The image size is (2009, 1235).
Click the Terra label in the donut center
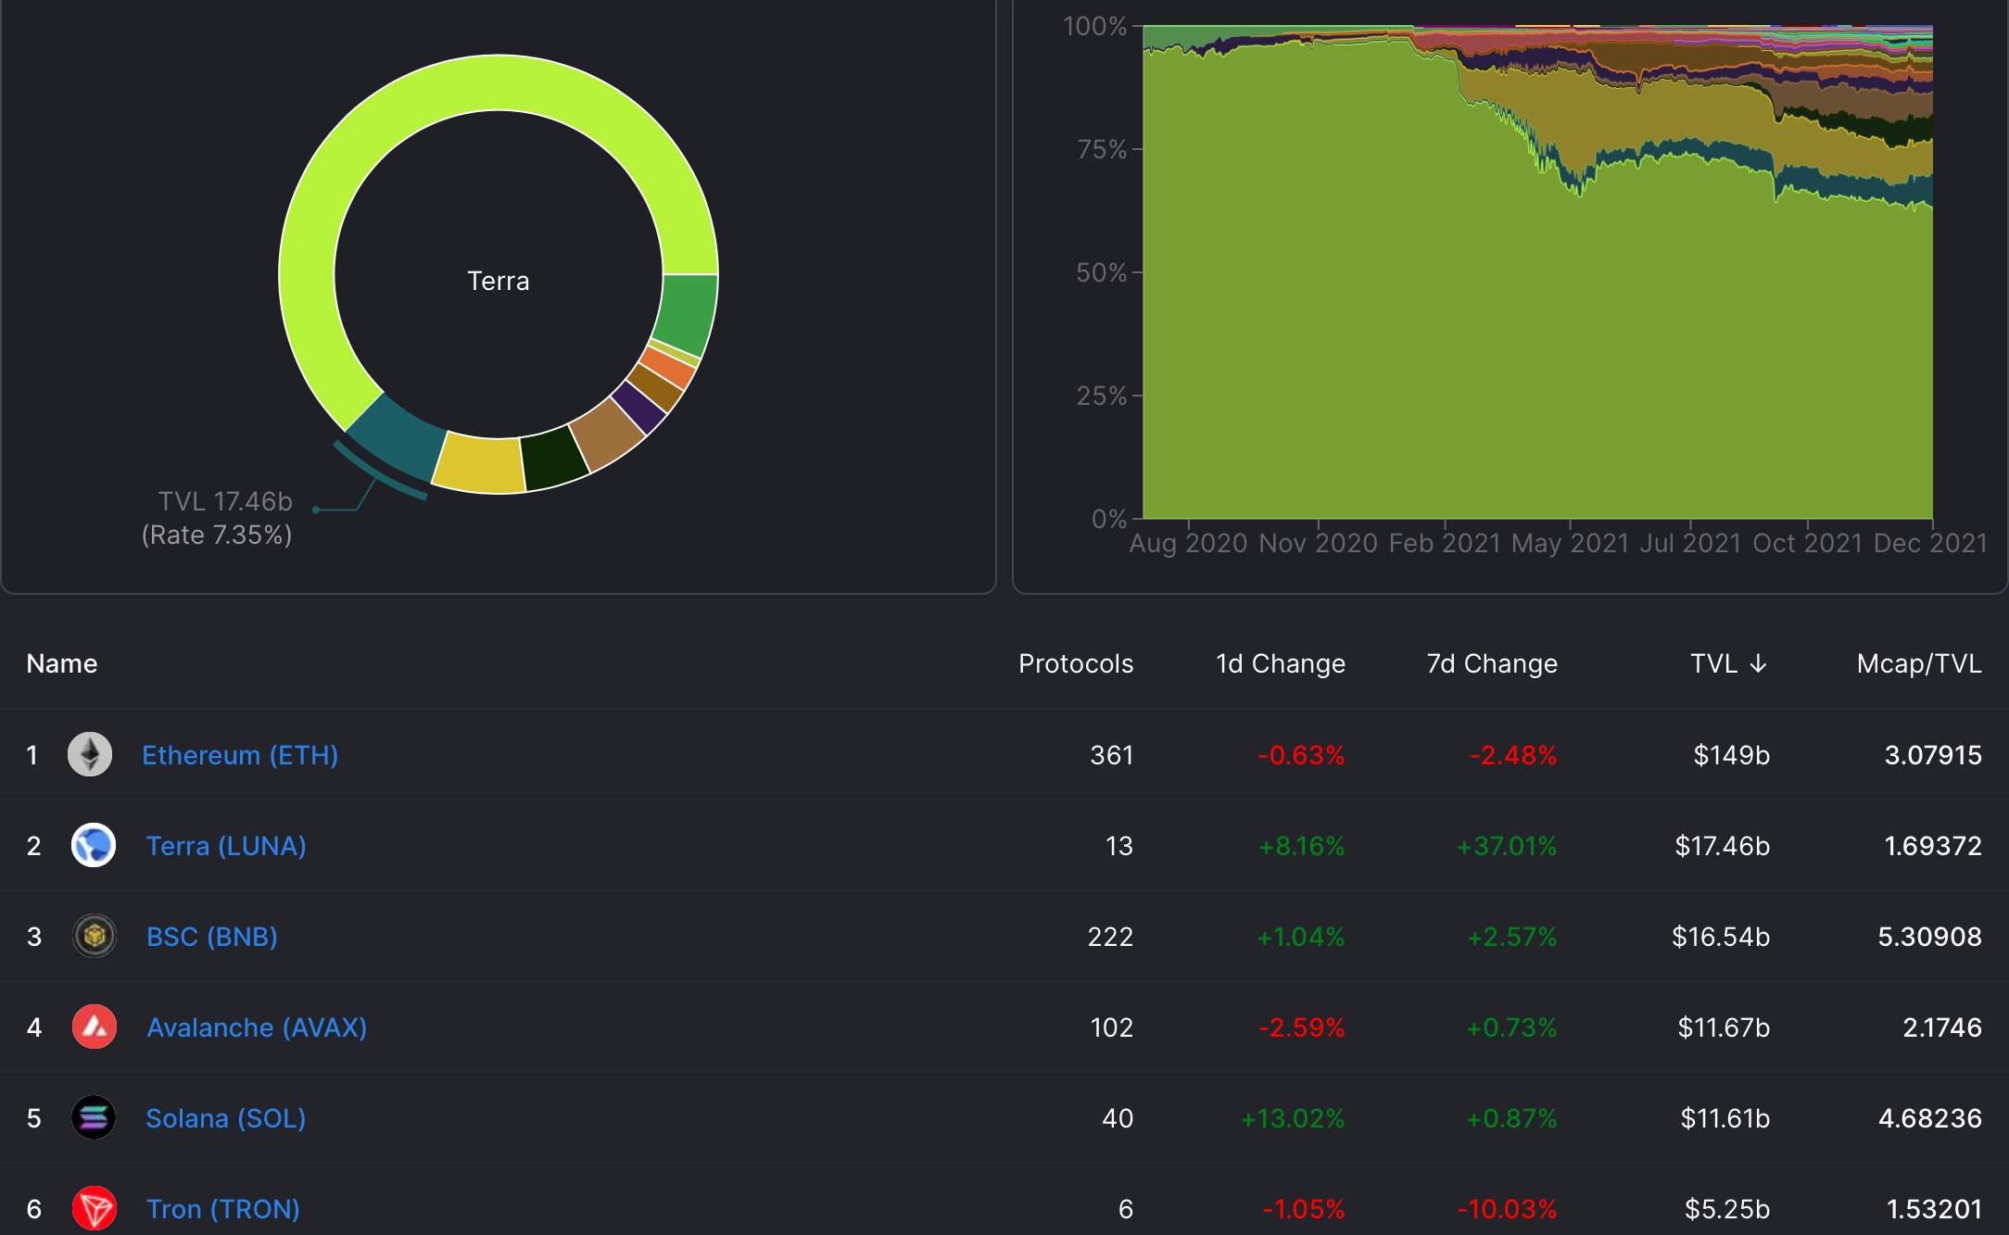click(498, 281)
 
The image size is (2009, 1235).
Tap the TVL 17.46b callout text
click(224, 501)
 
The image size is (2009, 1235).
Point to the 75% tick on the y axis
click(1102, 149)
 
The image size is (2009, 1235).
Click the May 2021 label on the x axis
click(1570, 543)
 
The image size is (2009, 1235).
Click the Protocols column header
click(1075, 663)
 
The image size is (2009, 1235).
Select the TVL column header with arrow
click(1728, 663)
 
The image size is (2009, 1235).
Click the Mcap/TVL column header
click(1918, 663)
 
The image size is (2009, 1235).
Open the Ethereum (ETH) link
click(240, 755)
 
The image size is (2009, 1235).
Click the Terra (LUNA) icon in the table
click(94, 845)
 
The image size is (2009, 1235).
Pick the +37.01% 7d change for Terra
click(1507, 846)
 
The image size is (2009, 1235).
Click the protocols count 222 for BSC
click(1110, 937)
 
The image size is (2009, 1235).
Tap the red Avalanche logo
click(94, 1027)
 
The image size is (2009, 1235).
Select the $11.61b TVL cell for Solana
click(1725, 1118)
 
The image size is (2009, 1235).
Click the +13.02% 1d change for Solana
click(1293, 1118)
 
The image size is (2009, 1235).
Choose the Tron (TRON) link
click(222, 1209)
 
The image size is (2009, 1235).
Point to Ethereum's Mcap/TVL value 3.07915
click(1933, 755)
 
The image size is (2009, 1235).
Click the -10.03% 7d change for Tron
click(1507, 1209)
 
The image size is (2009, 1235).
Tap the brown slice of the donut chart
click(607, 434)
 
